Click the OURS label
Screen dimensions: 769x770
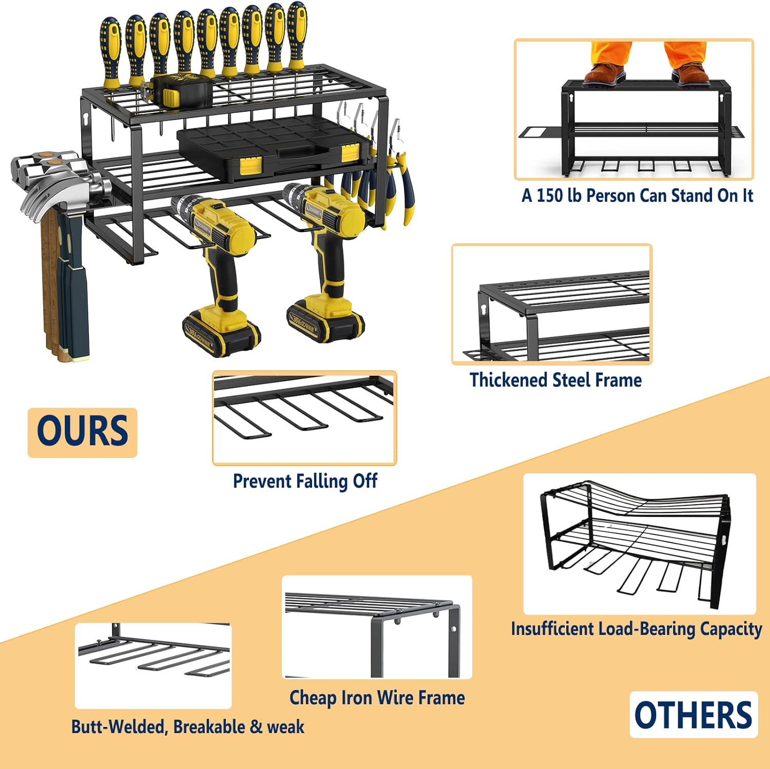tap(82, 432)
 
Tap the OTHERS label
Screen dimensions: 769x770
tap(694, 715)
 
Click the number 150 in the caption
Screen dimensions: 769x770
tap(550, 196)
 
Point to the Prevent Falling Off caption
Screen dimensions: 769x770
tap(305, 482)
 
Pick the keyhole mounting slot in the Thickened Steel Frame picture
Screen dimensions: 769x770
tap(484, 310)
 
